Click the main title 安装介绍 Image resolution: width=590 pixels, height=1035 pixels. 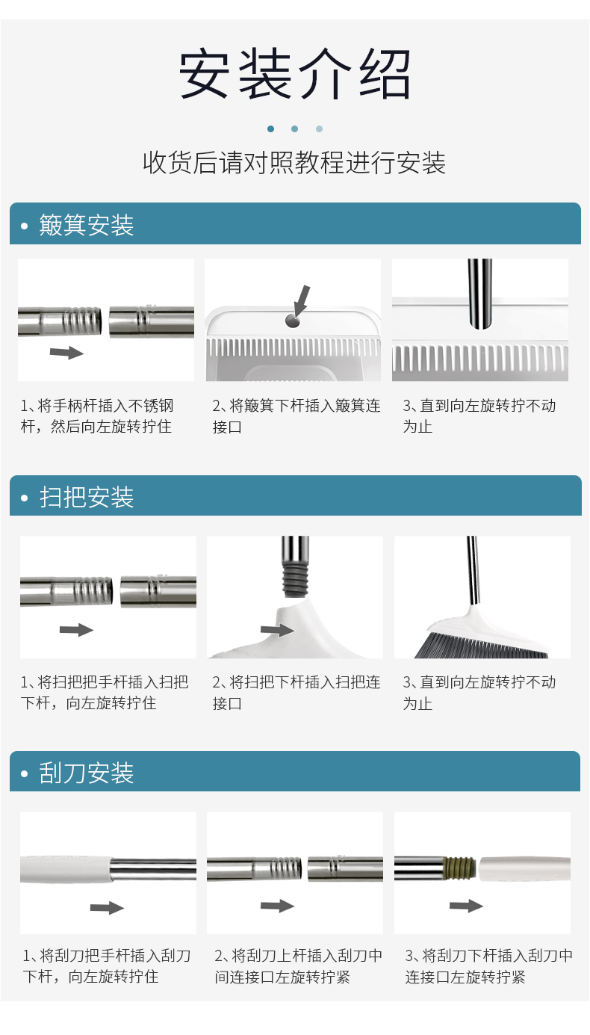click(294, 74)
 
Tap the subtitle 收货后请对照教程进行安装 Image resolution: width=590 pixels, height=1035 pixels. click(294, 163)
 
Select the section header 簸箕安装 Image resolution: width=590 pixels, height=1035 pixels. click(87, 225)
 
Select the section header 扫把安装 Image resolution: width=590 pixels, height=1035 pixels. click(87, 497)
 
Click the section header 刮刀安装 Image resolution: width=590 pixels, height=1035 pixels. click(87, 773)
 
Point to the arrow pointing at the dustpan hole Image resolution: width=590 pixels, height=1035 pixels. click(301, 301)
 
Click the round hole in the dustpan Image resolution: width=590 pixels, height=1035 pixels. click(292, 321)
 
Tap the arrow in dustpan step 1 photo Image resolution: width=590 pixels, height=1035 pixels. click(66, 353)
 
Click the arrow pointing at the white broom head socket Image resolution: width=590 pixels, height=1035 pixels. click(277, 630)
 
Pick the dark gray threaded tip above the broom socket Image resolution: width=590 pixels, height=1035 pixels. click(295, 580)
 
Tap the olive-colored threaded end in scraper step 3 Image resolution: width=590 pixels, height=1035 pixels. click(459, 868)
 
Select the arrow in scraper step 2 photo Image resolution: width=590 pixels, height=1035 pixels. click(277, 906)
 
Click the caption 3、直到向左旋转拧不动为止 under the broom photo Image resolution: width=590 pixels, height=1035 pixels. click(479, 693)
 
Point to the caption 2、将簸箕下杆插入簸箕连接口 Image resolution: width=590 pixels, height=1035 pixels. click(296, 415)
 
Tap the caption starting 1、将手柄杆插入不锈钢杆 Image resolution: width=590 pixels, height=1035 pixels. click(97, 415)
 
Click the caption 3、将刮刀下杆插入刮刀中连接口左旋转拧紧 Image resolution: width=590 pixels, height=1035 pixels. click(489, 966)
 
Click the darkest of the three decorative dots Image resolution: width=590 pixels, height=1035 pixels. click(271, 129)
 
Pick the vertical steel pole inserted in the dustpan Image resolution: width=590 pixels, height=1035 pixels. click(479, 294)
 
